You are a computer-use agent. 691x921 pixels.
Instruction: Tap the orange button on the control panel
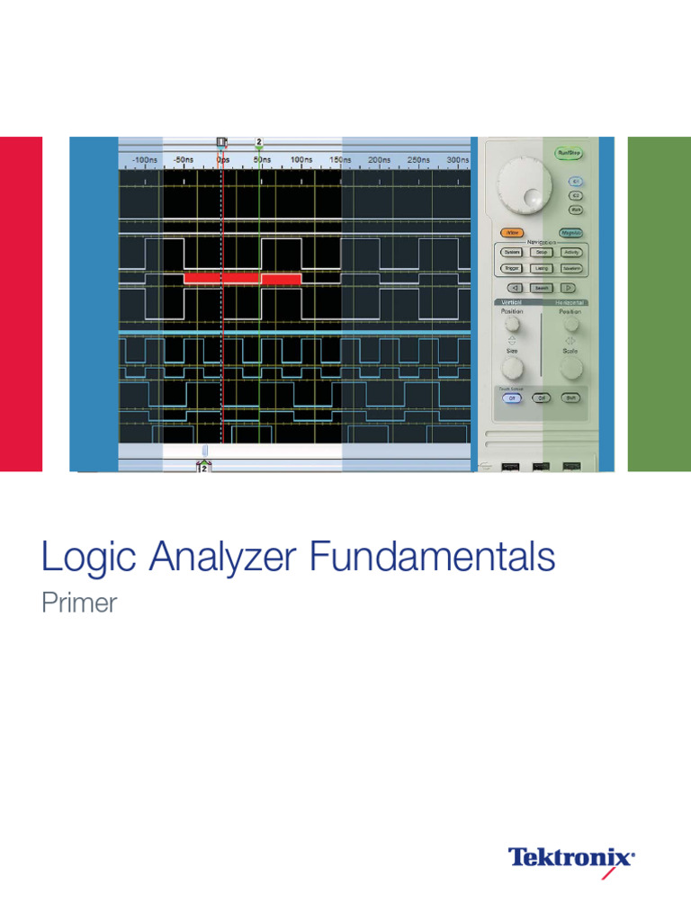pos(511,232)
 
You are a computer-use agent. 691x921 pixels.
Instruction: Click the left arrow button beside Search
pos(511,288)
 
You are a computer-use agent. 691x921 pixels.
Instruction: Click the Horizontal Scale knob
pos(569,365)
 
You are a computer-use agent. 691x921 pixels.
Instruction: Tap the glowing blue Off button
pos(511,397)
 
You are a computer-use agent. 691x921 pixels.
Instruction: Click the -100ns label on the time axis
pos(144,160)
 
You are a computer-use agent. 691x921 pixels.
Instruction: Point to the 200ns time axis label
pos(379,160)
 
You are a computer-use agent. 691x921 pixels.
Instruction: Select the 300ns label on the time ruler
pos(457,160)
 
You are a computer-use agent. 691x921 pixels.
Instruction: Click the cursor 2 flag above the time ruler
pos(259,142)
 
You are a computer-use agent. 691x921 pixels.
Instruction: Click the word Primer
pos(79,603)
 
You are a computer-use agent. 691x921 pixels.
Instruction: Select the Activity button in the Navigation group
pos(570,253)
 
